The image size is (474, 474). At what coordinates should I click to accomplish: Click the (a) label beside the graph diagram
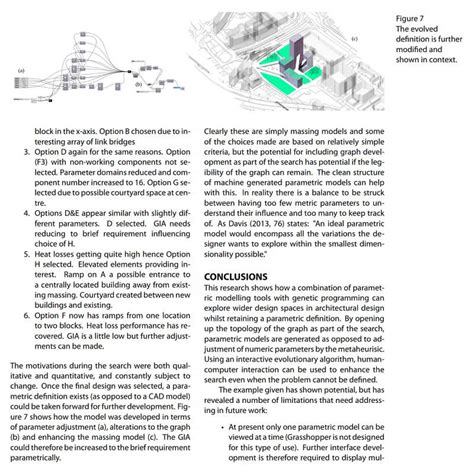[x=21, y=71]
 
